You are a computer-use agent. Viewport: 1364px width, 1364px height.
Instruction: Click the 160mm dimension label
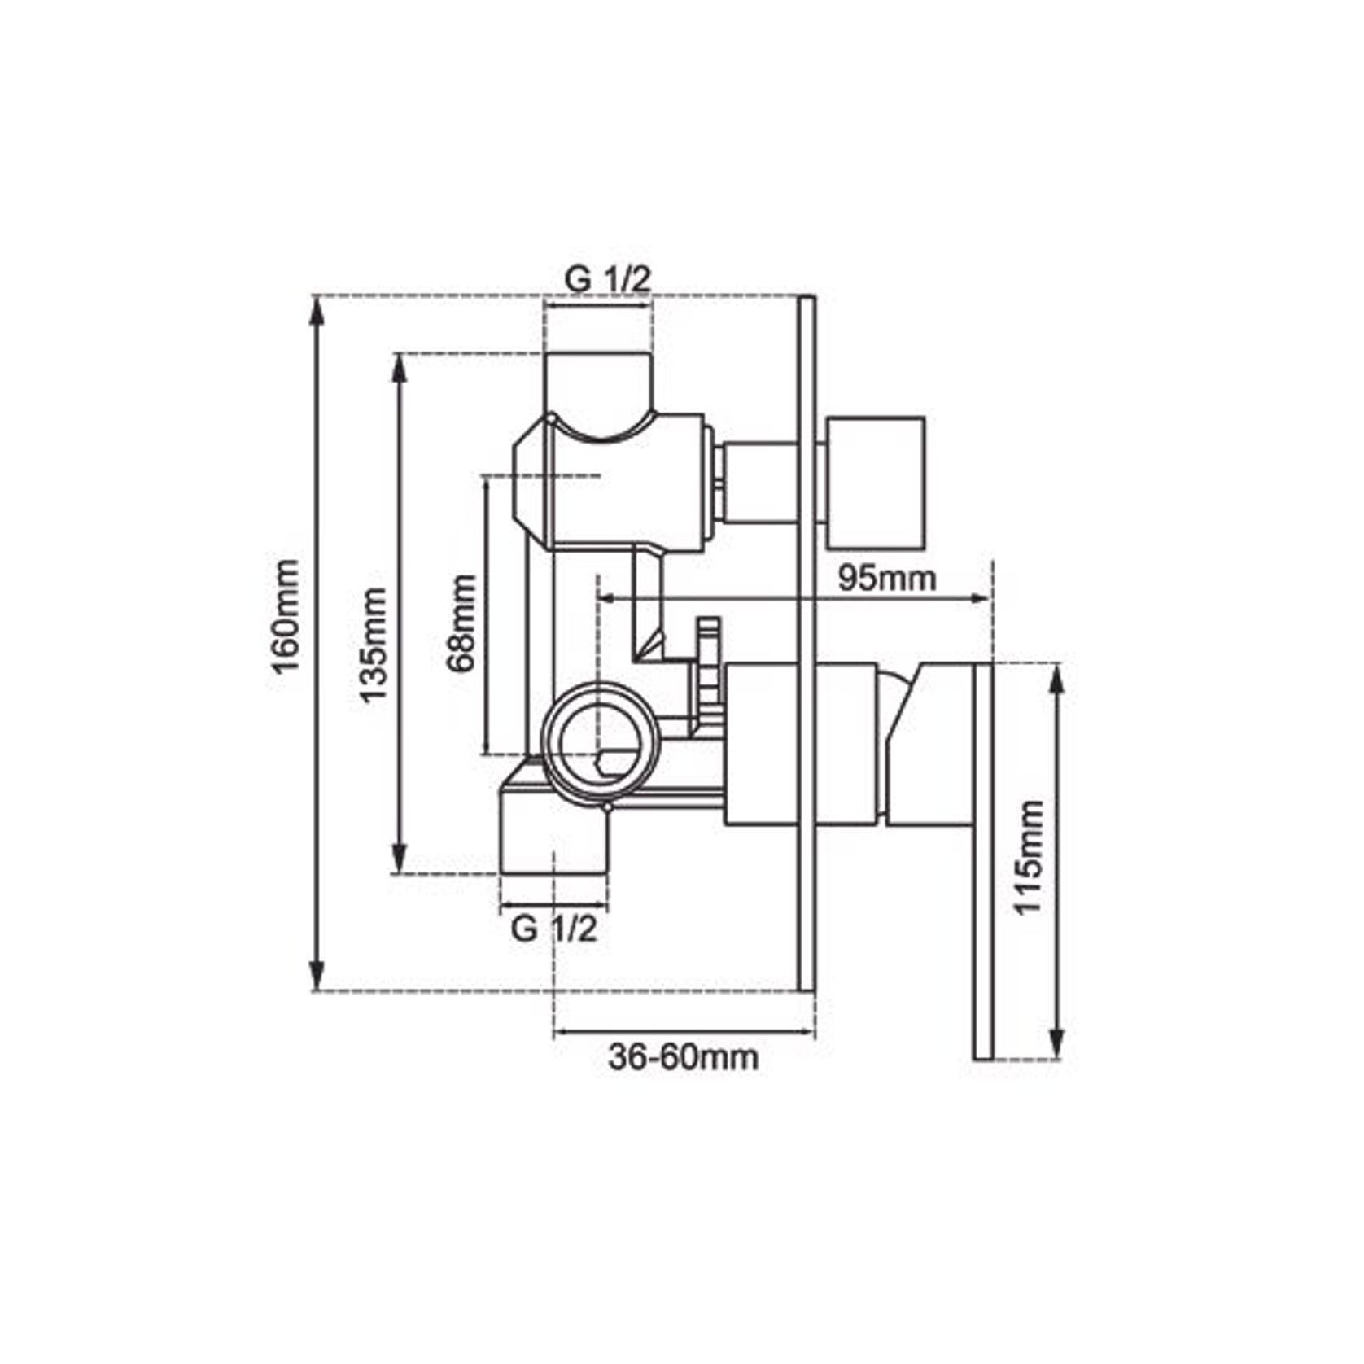286,616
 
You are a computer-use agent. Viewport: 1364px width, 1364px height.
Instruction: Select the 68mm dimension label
461,623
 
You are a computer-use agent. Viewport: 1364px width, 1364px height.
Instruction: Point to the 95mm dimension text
887,579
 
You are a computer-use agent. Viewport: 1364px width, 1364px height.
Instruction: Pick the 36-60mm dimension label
683,1057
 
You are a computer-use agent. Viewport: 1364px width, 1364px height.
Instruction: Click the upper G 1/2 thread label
608,280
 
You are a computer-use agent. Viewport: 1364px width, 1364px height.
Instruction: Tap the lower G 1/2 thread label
553,929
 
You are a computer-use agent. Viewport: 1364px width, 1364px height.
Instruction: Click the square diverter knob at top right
876,483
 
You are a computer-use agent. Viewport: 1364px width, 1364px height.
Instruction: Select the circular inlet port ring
600,738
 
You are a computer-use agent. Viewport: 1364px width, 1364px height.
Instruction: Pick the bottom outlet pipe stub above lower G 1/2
553,838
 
